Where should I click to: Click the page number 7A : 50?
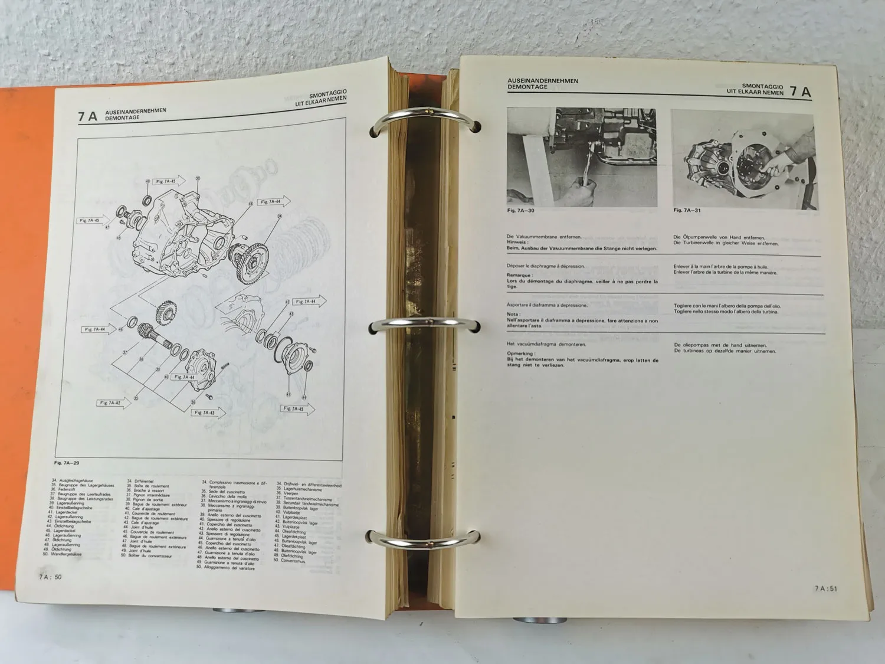coord(50,577)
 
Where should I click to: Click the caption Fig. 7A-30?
coord(520,210)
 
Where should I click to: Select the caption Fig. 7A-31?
coord(687,210)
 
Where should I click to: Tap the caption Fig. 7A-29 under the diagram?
coord(67,463)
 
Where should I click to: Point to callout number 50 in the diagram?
coord(198,178)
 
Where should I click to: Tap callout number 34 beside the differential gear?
coord(279,216)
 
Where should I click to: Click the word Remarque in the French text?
coord(519,275)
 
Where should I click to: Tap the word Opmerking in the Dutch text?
coord(520,354)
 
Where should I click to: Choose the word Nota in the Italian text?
coord(513,315)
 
